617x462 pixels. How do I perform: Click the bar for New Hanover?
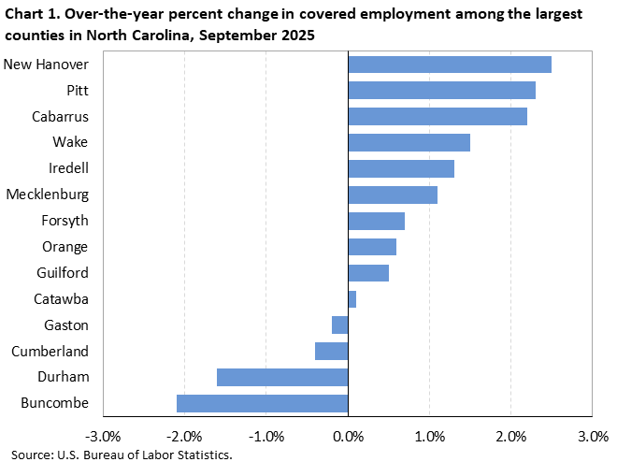click(449, 65)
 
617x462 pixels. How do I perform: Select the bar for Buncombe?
click(262, 403)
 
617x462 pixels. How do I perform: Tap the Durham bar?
click(282, 377)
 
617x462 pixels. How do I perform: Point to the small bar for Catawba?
click(352, 299)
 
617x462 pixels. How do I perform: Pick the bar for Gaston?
click(339, 325)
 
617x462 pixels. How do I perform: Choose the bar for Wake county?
click(409, 142)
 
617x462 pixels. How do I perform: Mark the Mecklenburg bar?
click(392, 195)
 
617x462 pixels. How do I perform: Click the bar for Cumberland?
click(331, 351)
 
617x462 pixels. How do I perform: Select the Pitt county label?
click(77, 90)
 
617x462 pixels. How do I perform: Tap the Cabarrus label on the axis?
click(61, 116)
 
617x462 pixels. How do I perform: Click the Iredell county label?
click(67, 168)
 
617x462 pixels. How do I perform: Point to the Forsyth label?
click(65, 221)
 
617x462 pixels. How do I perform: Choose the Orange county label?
click(65, 247)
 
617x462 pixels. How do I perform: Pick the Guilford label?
click(62, 273)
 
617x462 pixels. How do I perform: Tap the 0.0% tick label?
click(348, 437)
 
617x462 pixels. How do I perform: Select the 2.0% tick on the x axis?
click(510, 437)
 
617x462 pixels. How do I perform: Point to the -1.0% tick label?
click(265, 437)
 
